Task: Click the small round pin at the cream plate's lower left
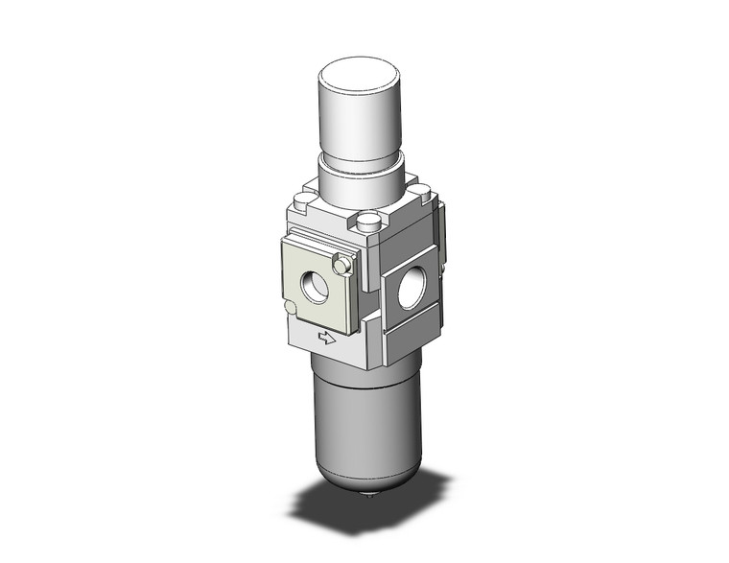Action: [290, 307]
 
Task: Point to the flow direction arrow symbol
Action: [327, 338]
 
